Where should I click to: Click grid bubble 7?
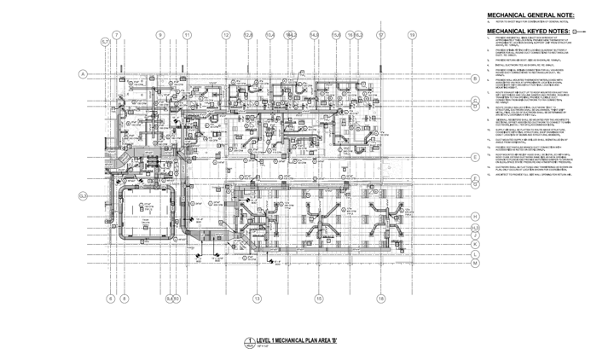coord(117,35)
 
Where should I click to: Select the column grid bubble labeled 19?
coord(412,35)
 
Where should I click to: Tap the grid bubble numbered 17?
coord(380,35)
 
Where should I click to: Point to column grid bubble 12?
coord(227,35)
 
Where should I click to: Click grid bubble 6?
coord(110,298)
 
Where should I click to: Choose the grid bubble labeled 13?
coord(257,298)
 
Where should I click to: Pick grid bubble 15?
coord(318,298)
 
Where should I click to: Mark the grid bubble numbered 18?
coord(380,298)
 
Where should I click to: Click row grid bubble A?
coord(84,75)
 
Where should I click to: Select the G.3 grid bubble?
coord(84,196)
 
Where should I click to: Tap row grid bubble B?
coord(474,78)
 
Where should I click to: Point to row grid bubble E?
coord(474,158)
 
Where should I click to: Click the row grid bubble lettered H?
coord(474,217)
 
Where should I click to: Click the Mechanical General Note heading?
coord(530,15)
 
